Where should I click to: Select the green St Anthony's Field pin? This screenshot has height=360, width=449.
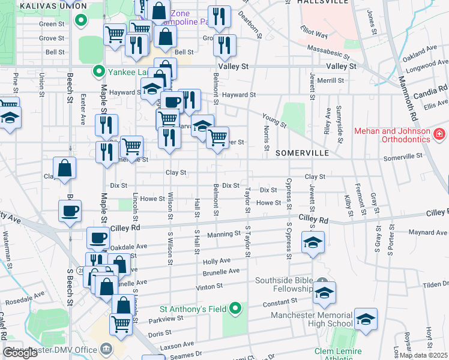(236, 309)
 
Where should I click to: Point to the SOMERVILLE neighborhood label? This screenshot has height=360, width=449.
(302, 153)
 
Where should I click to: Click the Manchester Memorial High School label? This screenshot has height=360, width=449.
(311, 319)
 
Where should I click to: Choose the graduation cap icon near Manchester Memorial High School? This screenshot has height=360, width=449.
(366, 320)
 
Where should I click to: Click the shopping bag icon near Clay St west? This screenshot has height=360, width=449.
(64, 169)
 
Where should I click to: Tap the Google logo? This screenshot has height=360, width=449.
(20, 353)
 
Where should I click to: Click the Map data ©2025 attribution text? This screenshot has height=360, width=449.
(424, 355)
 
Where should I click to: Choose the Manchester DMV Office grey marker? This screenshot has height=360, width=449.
(106, 349)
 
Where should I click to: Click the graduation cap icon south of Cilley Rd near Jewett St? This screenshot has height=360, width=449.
(313, 243)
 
